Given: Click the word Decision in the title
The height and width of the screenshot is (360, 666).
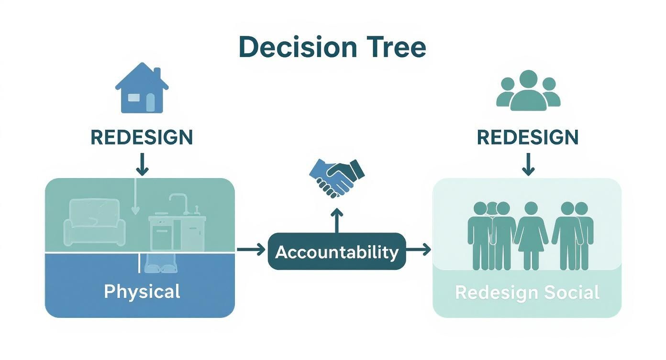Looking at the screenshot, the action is pyautogui.click(x=298, y=47).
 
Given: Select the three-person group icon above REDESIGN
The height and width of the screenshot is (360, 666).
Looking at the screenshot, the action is pyautogui.click(x=528, y=90).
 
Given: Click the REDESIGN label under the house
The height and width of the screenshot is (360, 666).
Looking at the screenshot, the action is pyautogui.click(x=142, y=137).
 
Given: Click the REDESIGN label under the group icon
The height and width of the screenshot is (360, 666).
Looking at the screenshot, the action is pyautogui.click(x=528, y=137).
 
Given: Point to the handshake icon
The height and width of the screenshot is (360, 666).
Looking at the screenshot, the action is pyautogui.click(x=337, y=178).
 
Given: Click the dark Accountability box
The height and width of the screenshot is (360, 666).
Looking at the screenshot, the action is pyautogui.click(x=336, y=251).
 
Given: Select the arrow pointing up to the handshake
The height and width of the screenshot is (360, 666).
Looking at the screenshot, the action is pyautogui.click(x=337, y=221).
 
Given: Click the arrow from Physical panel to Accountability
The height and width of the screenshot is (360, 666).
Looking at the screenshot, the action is pyautogui.click(x=251, y=249).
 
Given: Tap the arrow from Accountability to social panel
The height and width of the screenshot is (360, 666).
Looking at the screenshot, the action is pyautogui.click(x=418, y=249).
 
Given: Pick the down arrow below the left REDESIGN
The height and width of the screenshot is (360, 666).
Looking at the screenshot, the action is pyautogui.click(x=142, y=164).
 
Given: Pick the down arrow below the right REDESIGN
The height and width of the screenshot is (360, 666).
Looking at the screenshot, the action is pyautogui.click(x=528, y=164).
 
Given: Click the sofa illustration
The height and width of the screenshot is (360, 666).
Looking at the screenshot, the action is pyautogui.click(x=95, y=222).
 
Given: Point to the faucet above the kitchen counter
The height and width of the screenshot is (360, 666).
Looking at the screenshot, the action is pyautogui.click(x=179, y=204).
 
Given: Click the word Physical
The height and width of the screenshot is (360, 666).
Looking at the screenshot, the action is pyautogui.click(x=142, y=292).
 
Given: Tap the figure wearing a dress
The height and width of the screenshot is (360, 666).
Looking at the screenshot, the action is pyautogui.click(x=531, y=236).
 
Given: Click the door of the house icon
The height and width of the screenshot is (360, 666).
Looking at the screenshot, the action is pyautogui.click(x=150, y=102).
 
